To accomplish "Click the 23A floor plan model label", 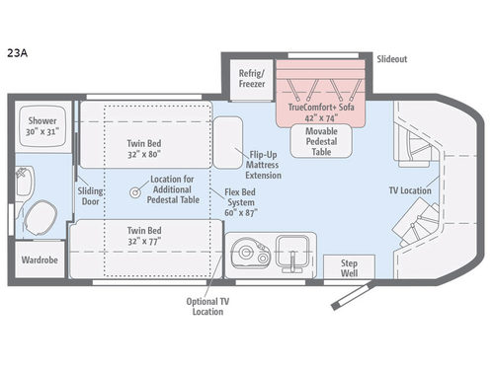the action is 17,53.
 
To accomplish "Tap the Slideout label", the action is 392,59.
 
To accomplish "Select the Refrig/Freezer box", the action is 252,79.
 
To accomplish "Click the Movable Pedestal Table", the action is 321,141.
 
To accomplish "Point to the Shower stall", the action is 42,126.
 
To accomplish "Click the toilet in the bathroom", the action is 41,217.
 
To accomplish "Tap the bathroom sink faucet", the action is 23,173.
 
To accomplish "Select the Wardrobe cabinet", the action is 40,259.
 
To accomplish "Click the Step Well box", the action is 349,267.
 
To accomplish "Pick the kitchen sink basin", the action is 292,255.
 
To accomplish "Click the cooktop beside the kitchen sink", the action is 250,253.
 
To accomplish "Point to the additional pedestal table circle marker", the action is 134,192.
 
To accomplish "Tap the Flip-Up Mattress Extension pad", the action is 228,143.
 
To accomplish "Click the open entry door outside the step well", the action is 353,295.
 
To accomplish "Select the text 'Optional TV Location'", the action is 207,306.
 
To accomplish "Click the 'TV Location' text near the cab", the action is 410,190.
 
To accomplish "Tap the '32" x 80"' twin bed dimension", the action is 144,154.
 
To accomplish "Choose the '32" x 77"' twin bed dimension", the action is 144,242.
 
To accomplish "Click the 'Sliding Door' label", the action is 90,196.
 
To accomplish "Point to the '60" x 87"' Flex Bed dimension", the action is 241,213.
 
